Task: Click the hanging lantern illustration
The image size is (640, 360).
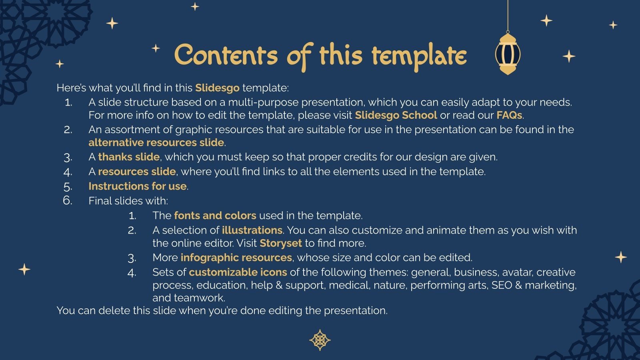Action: coord(508,54)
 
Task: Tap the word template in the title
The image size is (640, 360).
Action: coord(419,56)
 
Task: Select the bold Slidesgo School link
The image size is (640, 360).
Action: coord(396,115)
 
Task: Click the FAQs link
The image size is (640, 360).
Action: coord(509,115)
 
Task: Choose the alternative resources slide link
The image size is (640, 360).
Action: coord(156,142)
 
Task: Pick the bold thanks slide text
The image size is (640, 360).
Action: coord(129,157)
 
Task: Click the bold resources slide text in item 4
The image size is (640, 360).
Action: coord(137,172)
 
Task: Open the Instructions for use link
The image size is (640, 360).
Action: coord(138,186)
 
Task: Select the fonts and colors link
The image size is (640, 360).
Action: coord(215,216)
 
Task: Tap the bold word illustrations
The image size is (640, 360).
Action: coord(252,230)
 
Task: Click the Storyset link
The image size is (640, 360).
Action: coord(280,243)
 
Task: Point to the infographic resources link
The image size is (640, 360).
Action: coord(236,258)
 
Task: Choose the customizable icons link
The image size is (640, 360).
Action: coord(238,272)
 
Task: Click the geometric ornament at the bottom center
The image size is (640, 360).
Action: coord(320,340)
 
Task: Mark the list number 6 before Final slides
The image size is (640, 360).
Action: coord(68,200)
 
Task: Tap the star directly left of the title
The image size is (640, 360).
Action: coord(156,48)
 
